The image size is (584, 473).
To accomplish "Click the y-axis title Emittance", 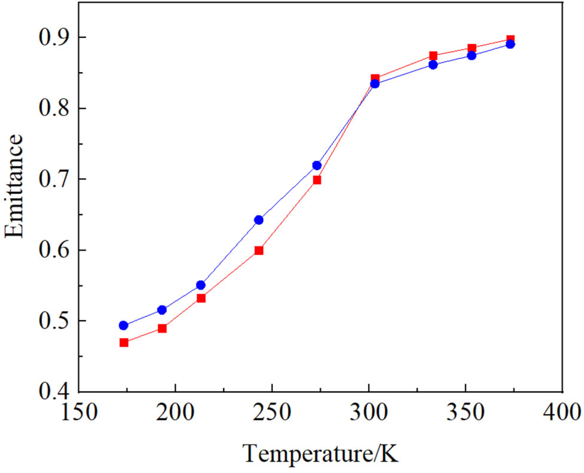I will pyautogui.click(x=14, y=186).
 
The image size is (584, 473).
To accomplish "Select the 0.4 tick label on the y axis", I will pyautogui.click(x=54, y=391).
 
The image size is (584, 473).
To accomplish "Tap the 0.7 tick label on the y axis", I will pyautogui.click(x=54, y=179).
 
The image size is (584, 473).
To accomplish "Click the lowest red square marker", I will pyautogui.click(x=124, y=342).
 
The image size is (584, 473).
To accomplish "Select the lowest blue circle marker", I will pyautogui.click(x=124, y=325).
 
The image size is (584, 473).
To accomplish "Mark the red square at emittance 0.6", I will pyautogui.click(x=259, y=250).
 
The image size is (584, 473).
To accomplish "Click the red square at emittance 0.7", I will pyautogui.click(x=317, y=180).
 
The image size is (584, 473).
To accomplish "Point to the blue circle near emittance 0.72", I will pyautogui.click(x=317, y=165).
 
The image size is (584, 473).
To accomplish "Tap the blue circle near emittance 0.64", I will pyautogui.click(x=259, y=220).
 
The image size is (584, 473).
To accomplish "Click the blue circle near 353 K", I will pyautogui.click(x=472, y=55).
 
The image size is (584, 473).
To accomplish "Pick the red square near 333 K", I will pyautogui.click(x=433, y=55).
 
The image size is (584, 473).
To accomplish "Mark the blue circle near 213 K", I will pyautogui.click(x=201, y=285).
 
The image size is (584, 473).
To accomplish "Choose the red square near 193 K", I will pyautogui.click(x=162, y=328).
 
